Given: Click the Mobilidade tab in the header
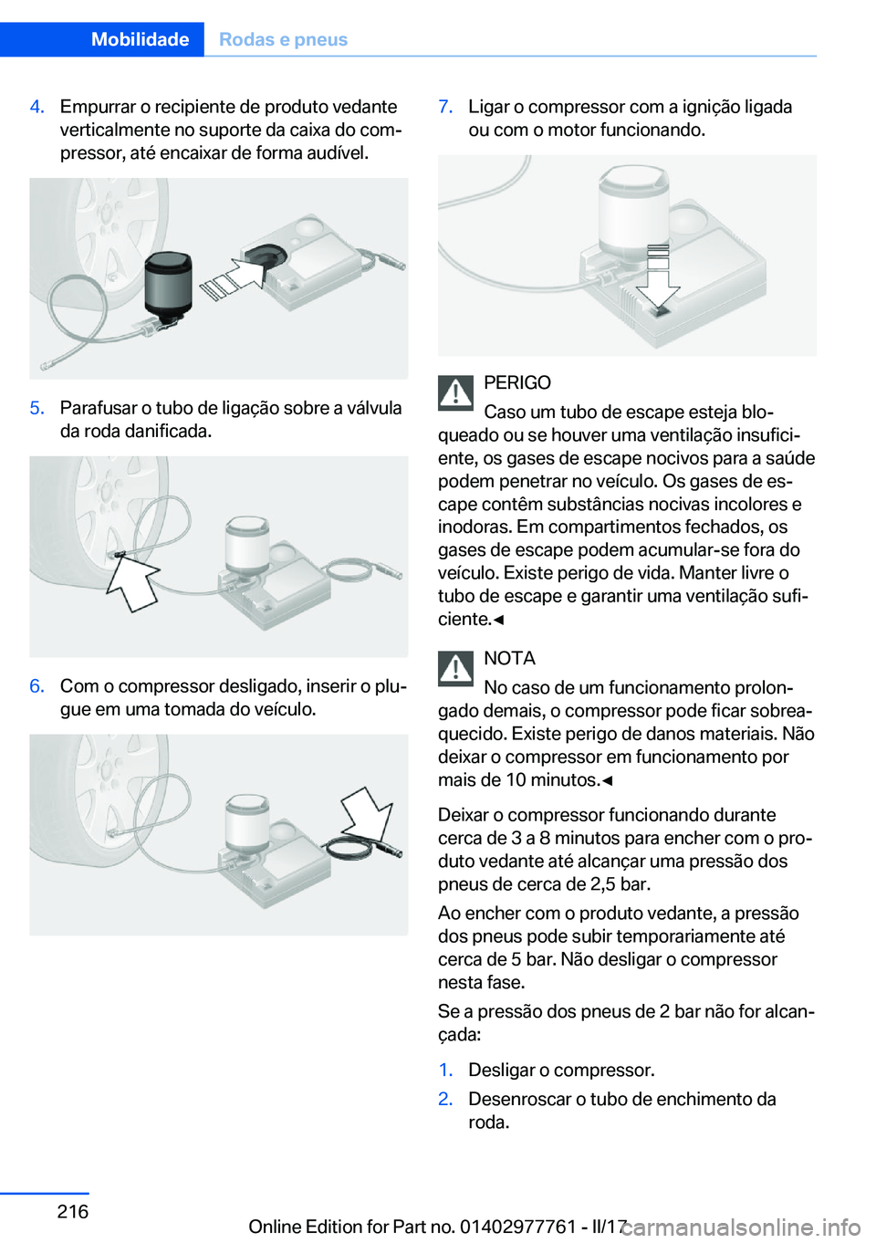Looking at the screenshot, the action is [x=140, y=39].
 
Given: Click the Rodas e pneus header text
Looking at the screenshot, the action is [x=284, y=39].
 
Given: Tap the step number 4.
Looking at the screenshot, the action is [x=36, y=107].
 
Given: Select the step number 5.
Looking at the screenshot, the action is [x=36, y=408].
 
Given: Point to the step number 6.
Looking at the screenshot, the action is [x=36, y=686].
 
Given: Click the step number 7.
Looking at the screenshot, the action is [x=445, y=107].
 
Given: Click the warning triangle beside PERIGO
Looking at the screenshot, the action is [x=455, y=392].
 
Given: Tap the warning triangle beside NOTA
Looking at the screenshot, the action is [x=455, y=668].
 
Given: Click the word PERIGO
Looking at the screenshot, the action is [x=517, y=383].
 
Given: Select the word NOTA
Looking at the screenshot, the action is [x=509, y=658].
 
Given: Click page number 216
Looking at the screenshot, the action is [x=73, y=1211].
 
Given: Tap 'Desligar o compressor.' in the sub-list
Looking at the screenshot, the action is [x=561, y=1070].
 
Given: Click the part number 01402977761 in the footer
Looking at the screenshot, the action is [x=517, y=1227].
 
